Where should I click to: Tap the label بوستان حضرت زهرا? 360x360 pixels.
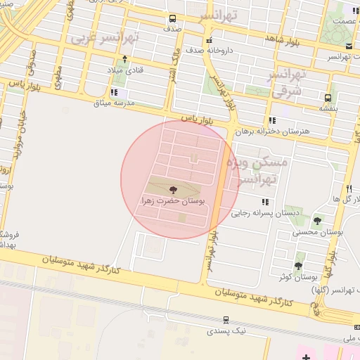173,201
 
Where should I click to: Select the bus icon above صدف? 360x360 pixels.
173,19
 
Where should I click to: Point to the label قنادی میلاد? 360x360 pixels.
124,70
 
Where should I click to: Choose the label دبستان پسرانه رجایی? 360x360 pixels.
266,212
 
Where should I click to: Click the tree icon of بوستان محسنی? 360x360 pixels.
317,220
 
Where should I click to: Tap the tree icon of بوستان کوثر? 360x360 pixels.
298,265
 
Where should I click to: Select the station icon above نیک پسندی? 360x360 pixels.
226,319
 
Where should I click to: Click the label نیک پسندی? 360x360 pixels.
226,330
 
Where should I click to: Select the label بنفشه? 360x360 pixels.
329,108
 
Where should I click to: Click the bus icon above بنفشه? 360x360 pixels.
328,97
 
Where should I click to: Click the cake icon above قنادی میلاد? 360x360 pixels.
124,59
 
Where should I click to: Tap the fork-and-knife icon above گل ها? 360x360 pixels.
348,188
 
